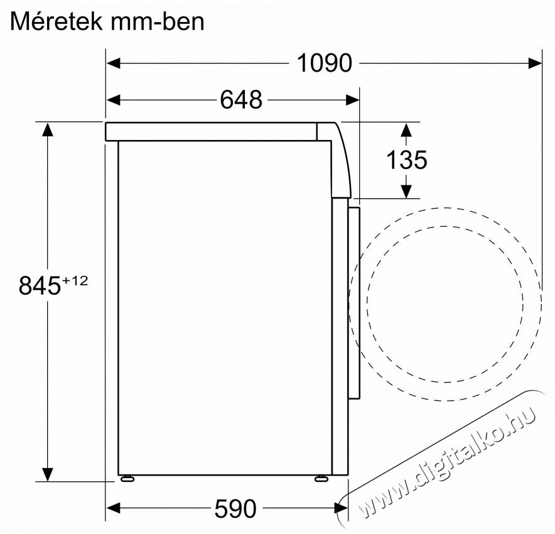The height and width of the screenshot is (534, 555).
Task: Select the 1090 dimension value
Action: pyautogui.click(x=324, y=63)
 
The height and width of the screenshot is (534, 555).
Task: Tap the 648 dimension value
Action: pyautogui.click(x=240, y=99)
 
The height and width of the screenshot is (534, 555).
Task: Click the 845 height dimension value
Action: pyautogui.click(x=39, y=286)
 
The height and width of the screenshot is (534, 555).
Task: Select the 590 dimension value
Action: pyautogui.click(x=235, y=508)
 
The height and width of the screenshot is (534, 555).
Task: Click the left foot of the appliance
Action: pyautogui.click(x=128, y=479)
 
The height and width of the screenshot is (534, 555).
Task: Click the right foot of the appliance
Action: pyautogui.click(x=321, y=479)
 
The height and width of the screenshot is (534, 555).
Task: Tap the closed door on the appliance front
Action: pyautogui.click(x=355, y=302)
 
